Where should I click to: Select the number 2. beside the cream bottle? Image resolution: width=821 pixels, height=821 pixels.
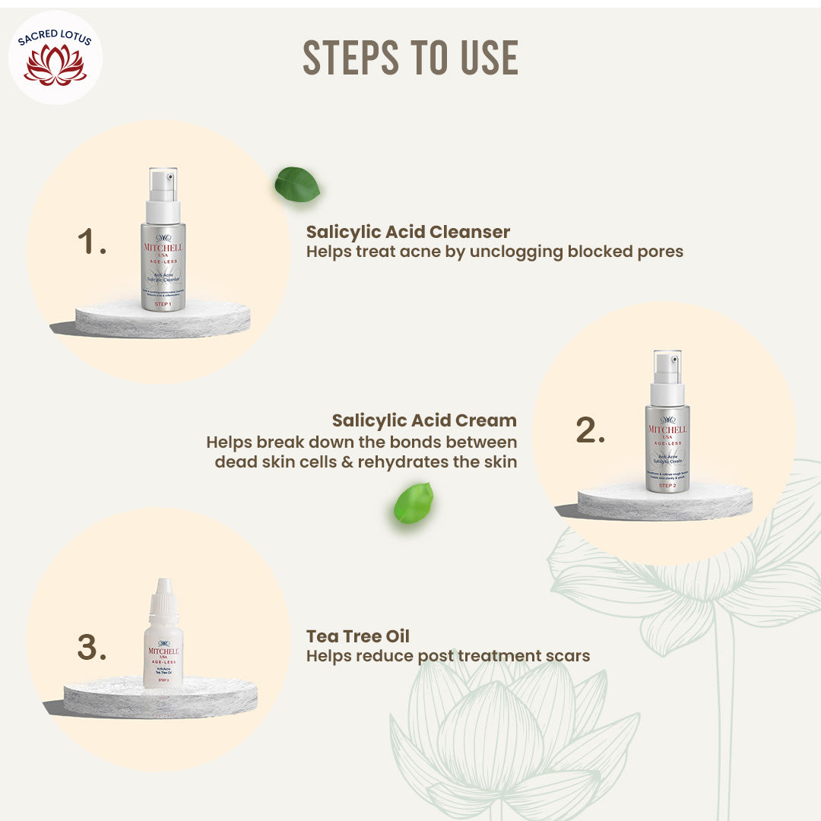(x=590, y=431)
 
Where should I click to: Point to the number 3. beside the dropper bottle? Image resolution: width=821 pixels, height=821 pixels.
(x=92, y=648)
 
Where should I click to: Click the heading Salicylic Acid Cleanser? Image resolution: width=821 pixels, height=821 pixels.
(x=408, y=231)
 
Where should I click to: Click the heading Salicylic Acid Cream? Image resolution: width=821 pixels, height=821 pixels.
(x=424, y=420)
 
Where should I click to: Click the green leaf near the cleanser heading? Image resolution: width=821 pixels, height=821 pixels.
(x=296, y=185)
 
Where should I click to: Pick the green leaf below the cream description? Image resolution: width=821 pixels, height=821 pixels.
(x=414, y=503)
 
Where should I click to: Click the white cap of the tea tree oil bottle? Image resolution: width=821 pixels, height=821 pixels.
(x=163, y=597)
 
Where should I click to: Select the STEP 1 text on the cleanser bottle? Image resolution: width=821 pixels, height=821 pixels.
(x=163, y=303)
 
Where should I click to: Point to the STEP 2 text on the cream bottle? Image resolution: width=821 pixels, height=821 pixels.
(x=667, y=485)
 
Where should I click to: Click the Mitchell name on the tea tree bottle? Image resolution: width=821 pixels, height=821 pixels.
(x=163, y=652)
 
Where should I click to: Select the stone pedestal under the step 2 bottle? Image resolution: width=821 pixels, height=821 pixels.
(x=664, y=504)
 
